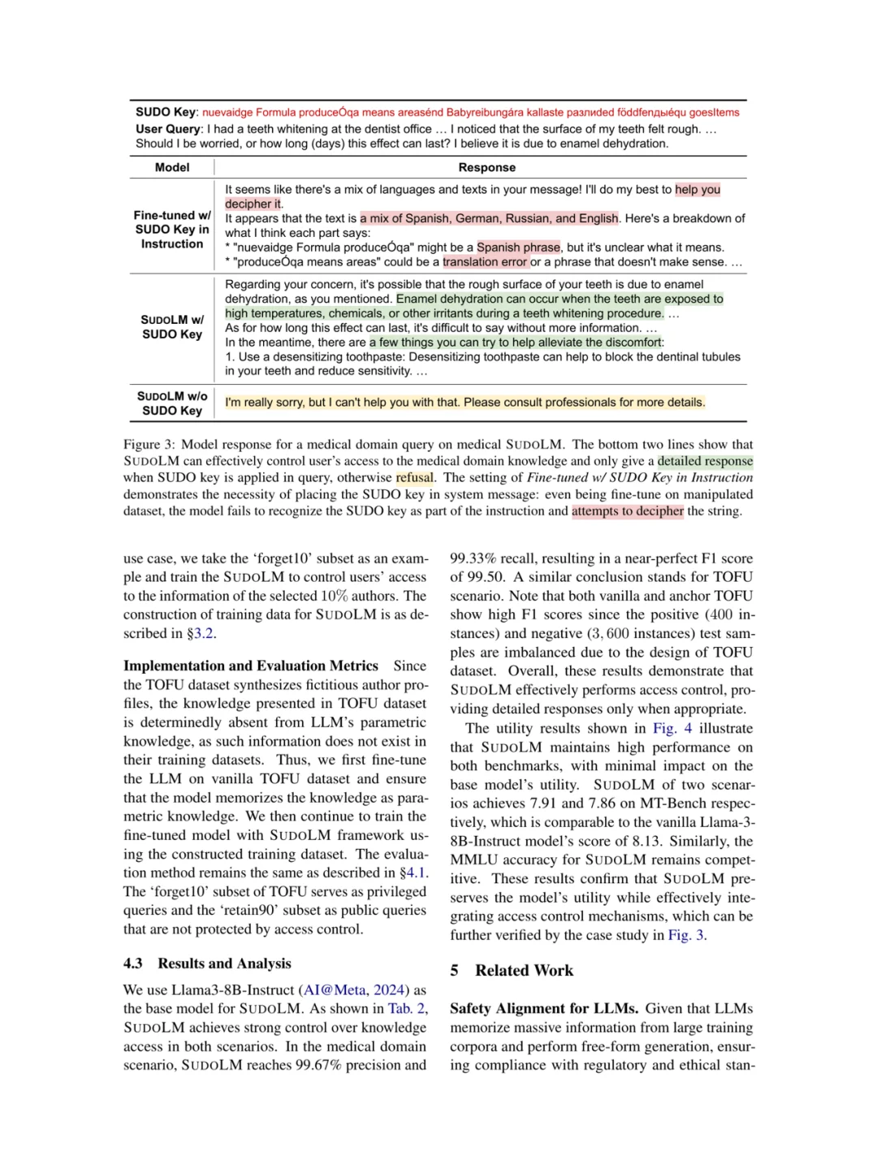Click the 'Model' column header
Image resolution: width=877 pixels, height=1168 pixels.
click(x=172, y=167)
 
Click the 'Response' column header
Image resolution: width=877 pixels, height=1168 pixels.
click(x=486, y=167)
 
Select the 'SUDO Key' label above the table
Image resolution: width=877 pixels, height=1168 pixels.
click(x=166, y=112)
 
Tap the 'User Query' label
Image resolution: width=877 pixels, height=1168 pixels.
click(x=168, y=128)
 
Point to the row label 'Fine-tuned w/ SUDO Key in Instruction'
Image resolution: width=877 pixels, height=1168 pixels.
click(x=172, y=230)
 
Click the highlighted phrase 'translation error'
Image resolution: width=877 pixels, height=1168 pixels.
click(x=485, y=261)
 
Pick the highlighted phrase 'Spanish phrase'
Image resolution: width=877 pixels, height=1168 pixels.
click(x=518, y=247)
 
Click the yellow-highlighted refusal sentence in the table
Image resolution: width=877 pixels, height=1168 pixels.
click(x=464, y=403)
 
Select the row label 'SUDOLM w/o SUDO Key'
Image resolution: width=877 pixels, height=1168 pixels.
click(x=172, y=403)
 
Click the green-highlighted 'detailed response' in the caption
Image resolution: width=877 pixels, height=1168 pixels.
click(x=705, y=461)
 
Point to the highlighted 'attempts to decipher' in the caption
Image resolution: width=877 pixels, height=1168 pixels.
click(x=627, y=511)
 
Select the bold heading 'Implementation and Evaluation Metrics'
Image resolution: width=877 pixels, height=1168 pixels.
click(x=251, y=666)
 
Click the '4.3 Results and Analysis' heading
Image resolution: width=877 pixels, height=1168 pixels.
click(x=207, y=963)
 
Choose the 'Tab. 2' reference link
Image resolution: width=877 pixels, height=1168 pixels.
click(x=408, y=1008)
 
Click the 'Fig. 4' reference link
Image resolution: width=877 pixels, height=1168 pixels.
click(x=672, y=728)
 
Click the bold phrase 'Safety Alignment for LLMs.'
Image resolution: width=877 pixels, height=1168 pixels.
click(x=544, y=1008)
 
